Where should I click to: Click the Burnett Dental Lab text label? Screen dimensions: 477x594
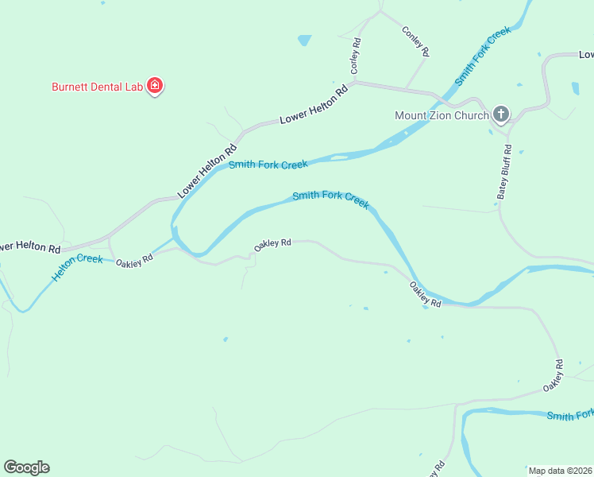tap(97, 86)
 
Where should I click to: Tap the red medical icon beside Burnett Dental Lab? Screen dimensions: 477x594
tap(155, 86)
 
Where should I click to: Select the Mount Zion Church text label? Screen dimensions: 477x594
tap(442, 115)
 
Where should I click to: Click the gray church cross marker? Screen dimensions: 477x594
tap(500, 114)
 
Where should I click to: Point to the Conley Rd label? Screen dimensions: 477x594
tap(416, 41)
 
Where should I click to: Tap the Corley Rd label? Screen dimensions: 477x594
tap(356, 56)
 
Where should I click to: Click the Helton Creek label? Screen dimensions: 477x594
tap(77, 268)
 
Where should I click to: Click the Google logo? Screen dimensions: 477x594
tap(26, 467)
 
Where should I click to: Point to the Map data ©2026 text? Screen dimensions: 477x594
tap(559, 471)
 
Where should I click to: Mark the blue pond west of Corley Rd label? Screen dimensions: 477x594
tap(304, 39)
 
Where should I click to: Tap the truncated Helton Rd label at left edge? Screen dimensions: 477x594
tap(30, 247)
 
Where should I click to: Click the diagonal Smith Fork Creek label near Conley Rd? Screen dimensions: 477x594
tap(482, 56)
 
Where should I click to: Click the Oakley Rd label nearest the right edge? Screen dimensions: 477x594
tap(553, 375)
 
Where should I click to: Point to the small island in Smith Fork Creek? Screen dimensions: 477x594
tap(339, 157)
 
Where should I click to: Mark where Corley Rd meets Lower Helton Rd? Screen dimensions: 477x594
tap(354, 82)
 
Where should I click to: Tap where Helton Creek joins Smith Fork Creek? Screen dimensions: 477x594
tap(174, 237)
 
